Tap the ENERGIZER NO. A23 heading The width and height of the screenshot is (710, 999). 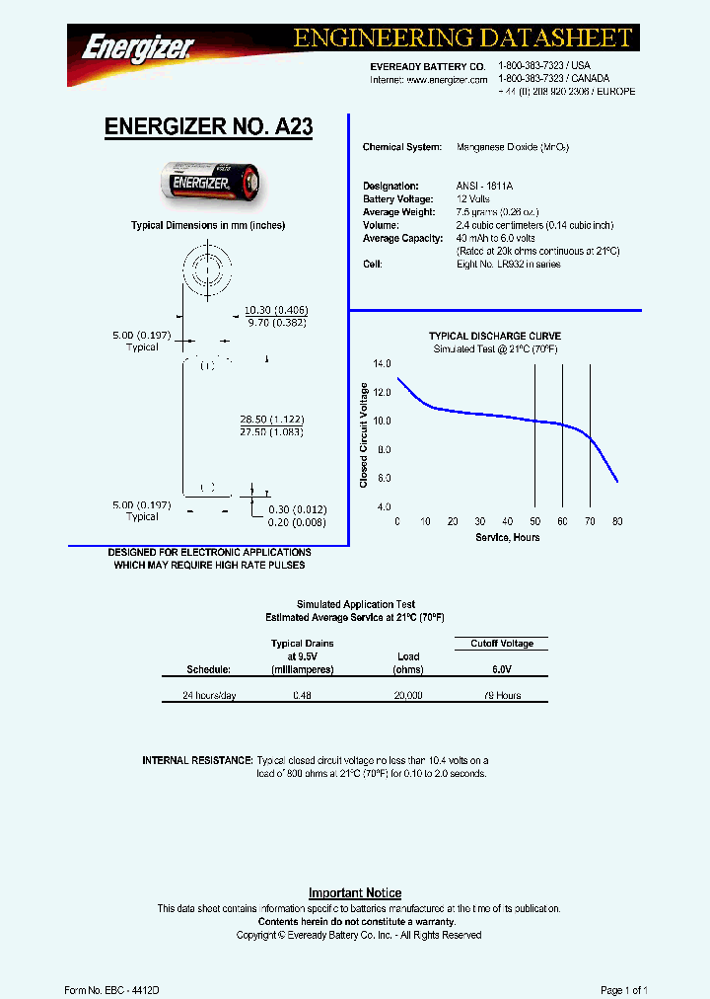(208, 126)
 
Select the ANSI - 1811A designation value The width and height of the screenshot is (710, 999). (485, 186)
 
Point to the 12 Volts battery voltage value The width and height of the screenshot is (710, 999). (473, 199)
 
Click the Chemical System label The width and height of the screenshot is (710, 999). (401, 147)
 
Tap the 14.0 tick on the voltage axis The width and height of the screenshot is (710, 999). (383, 364)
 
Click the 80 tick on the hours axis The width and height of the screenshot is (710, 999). (617, 521)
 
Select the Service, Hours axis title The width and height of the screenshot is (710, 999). (508, 537)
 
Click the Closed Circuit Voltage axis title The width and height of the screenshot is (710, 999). (364, 434)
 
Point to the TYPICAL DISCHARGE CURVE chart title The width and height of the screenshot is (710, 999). (495, 337)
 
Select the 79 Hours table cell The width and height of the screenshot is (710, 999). (502, 696)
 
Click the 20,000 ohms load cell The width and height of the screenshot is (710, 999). (407, 696)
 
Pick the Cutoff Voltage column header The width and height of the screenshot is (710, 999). (502, 644)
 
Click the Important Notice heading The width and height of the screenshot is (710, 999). (355, 892)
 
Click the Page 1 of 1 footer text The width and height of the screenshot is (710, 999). (623, 989)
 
